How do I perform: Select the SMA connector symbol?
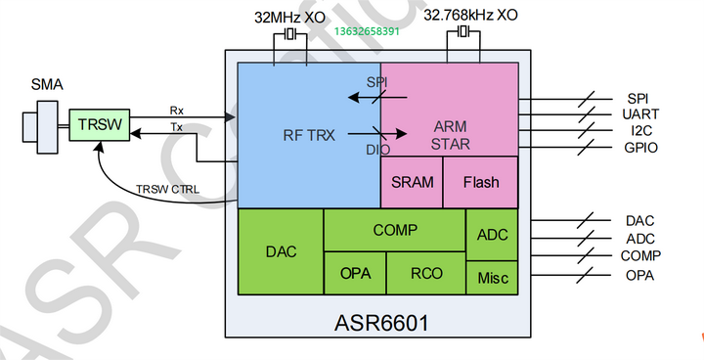[40, 125]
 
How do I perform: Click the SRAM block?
[412, 182]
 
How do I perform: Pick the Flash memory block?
[481, 182]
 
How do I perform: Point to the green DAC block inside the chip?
[281, 250]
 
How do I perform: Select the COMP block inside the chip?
[394, 230]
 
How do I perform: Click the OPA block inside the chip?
[355, 273]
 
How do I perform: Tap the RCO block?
[425, 273]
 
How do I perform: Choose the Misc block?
[493, 277]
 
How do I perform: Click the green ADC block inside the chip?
[493, 235]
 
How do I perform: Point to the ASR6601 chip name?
[382, 321]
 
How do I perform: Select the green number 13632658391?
[367, 32]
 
